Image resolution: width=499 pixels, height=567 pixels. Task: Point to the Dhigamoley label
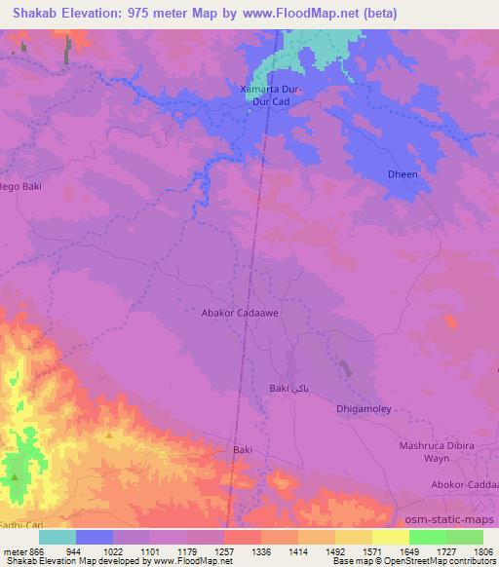pyautogui.click(x=364, y=410)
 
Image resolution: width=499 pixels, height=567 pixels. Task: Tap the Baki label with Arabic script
pyautogui.click(x=288, y=388)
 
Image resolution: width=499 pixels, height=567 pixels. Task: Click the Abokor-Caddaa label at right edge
pyautogui.click(x=464, y=484)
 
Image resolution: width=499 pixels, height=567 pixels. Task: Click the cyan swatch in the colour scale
pyautogui.click(x=57, y=537)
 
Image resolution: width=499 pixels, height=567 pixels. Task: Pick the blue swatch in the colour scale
pyautogui.click(x=94, y=537)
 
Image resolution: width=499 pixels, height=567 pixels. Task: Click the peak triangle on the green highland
pyautogui.click(x=16, y=477)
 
